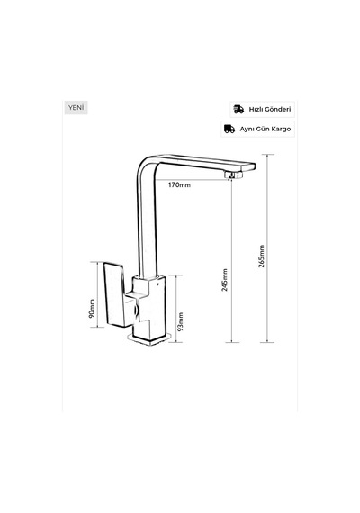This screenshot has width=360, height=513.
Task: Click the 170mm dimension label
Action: click(179, 185)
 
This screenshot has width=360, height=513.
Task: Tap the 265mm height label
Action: click(261, 256)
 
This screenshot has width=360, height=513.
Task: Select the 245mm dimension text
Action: click(225, 280)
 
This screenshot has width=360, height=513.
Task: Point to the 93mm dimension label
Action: click(180, 321)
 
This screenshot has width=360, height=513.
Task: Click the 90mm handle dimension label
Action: click(92, 308)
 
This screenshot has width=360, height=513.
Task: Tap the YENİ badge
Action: click(76, 107)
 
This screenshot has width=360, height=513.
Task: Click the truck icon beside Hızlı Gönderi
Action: click(238, 109)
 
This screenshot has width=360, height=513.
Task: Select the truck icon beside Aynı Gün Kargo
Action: click(229, 129)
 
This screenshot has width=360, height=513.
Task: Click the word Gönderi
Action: click(277, 109)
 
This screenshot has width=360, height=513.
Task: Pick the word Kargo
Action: click(280, 130)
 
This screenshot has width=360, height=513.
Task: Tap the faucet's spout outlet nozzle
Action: click(234, 174)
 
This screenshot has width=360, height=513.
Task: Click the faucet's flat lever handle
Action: click(115, 294)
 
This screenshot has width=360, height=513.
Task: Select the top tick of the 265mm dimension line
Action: click(267, 155)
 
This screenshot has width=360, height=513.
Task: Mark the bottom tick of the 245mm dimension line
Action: click(232, 342)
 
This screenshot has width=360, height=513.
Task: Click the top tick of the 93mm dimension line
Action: click(176, 275)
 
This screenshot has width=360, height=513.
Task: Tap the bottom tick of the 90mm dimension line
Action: click(97, 327)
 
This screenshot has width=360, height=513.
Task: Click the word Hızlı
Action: click(256, 109)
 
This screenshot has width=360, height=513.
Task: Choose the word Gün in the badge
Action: click(261, 129)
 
